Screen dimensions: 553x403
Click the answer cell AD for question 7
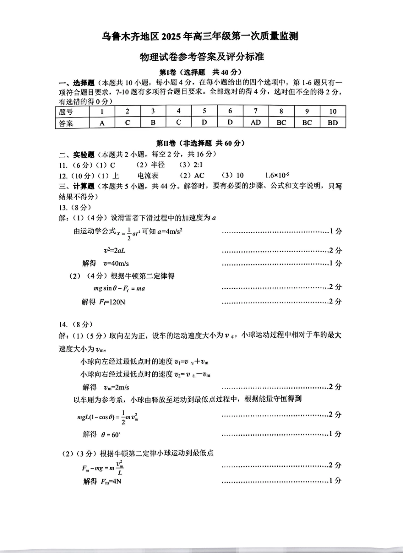255,122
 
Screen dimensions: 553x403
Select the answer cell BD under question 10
333,123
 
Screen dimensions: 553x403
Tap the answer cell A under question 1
102,123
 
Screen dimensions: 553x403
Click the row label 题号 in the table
66,112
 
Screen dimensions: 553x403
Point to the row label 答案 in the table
66,123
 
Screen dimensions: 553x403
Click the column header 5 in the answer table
204,111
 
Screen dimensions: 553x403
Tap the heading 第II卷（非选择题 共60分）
201,143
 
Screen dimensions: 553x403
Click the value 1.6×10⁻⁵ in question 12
277,175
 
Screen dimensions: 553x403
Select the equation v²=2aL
114,251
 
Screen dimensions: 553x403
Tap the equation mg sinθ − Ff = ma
119,288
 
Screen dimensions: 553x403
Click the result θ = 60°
111,434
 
